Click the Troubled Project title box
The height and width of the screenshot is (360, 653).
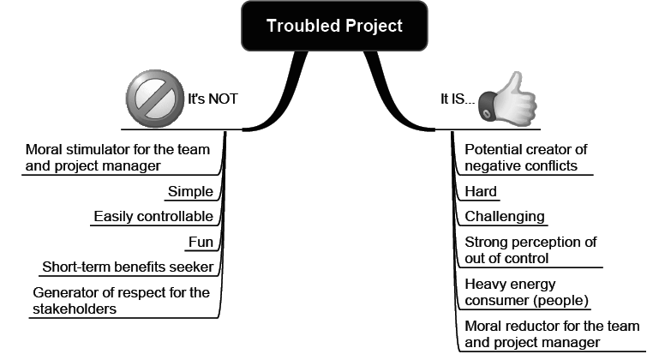[334, 26]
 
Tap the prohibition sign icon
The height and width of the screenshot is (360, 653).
[153, 97]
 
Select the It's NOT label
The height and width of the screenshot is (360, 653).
[213, 99]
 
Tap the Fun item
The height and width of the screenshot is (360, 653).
[201, 242]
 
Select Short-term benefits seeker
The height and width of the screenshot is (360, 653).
[128, 267]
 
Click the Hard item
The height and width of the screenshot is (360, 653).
[481, 192]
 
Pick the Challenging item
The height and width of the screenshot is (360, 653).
[505, 217]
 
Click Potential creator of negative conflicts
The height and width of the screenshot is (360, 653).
[525, 157]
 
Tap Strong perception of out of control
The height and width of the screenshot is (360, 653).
[530, 250]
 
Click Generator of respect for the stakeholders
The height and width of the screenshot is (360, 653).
[120, 300]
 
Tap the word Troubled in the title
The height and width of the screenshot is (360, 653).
[297, 26]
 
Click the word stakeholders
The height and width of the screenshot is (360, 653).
[74, 309]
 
